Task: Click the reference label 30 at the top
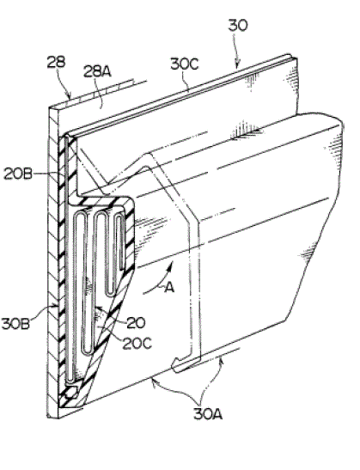(x=238, y=25)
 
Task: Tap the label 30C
(x=185, y=64)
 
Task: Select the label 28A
(x=97, y=72)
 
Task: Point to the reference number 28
(x=56, y=62)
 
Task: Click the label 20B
(x=18, y=174)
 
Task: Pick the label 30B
(x=15, y=324)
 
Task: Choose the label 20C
(x=137, y=343)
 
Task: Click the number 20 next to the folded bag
(x=136, y=323)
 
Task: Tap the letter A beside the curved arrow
(x=169, y=288)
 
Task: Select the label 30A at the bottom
(x=208, y=414)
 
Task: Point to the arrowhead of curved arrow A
(x=171, y=265)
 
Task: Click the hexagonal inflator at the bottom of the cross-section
(x=72, y=393)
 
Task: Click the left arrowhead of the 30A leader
(x=153, y=381)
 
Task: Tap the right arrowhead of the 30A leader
(x=221, y=360)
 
